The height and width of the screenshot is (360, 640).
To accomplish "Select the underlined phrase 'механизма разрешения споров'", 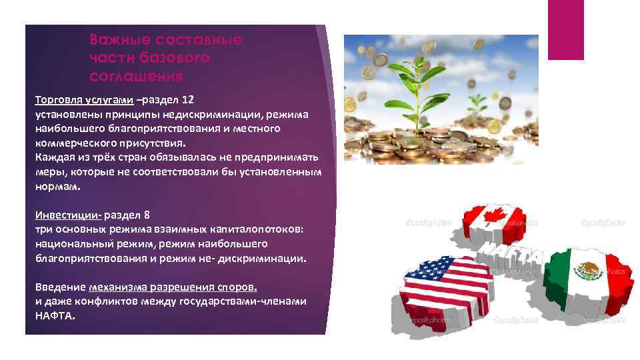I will pyautogui.click(x=172, y=287).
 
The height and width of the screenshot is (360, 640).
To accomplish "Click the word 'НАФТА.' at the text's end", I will pyautogui.click(x=55, y=315).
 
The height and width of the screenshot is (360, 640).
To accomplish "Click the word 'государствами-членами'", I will pyautogui.click(x=247, y=301).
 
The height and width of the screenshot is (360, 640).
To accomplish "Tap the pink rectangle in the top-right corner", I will pyautogui.click(x=565, y=29).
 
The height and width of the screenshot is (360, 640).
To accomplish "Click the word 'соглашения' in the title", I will pyautogui.click(x=136, y=75).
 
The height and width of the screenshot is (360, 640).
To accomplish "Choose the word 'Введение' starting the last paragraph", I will pyautogui.click(x=60, y=287).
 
